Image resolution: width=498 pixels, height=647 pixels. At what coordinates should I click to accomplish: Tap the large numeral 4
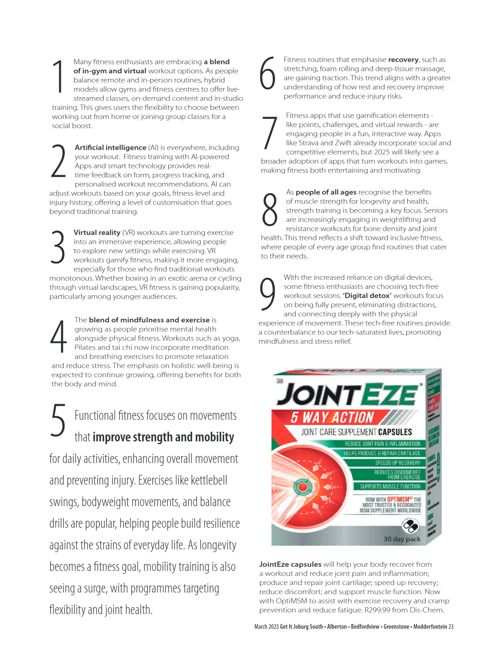(59, 336)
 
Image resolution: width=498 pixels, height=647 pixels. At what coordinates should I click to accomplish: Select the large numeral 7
(270, 133)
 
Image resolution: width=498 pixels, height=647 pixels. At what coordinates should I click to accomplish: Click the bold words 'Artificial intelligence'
(110, 147)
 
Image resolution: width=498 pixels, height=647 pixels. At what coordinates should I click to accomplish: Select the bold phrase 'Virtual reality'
(97, 232)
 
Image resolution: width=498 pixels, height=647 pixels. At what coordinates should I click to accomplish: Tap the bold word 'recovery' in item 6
(403, 60)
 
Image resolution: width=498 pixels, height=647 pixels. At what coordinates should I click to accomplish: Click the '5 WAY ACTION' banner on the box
(332, 417)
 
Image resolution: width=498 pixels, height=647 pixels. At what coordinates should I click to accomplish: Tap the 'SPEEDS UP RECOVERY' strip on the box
(397, 463)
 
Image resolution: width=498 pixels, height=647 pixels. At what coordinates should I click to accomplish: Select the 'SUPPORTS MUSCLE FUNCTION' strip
(390, 486)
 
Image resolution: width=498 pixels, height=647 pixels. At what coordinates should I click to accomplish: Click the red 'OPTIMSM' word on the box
(398, 500)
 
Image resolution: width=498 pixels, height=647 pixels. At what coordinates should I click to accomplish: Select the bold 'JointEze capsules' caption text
(290, 564)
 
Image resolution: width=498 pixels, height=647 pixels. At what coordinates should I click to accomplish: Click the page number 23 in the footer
(451, 627)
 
